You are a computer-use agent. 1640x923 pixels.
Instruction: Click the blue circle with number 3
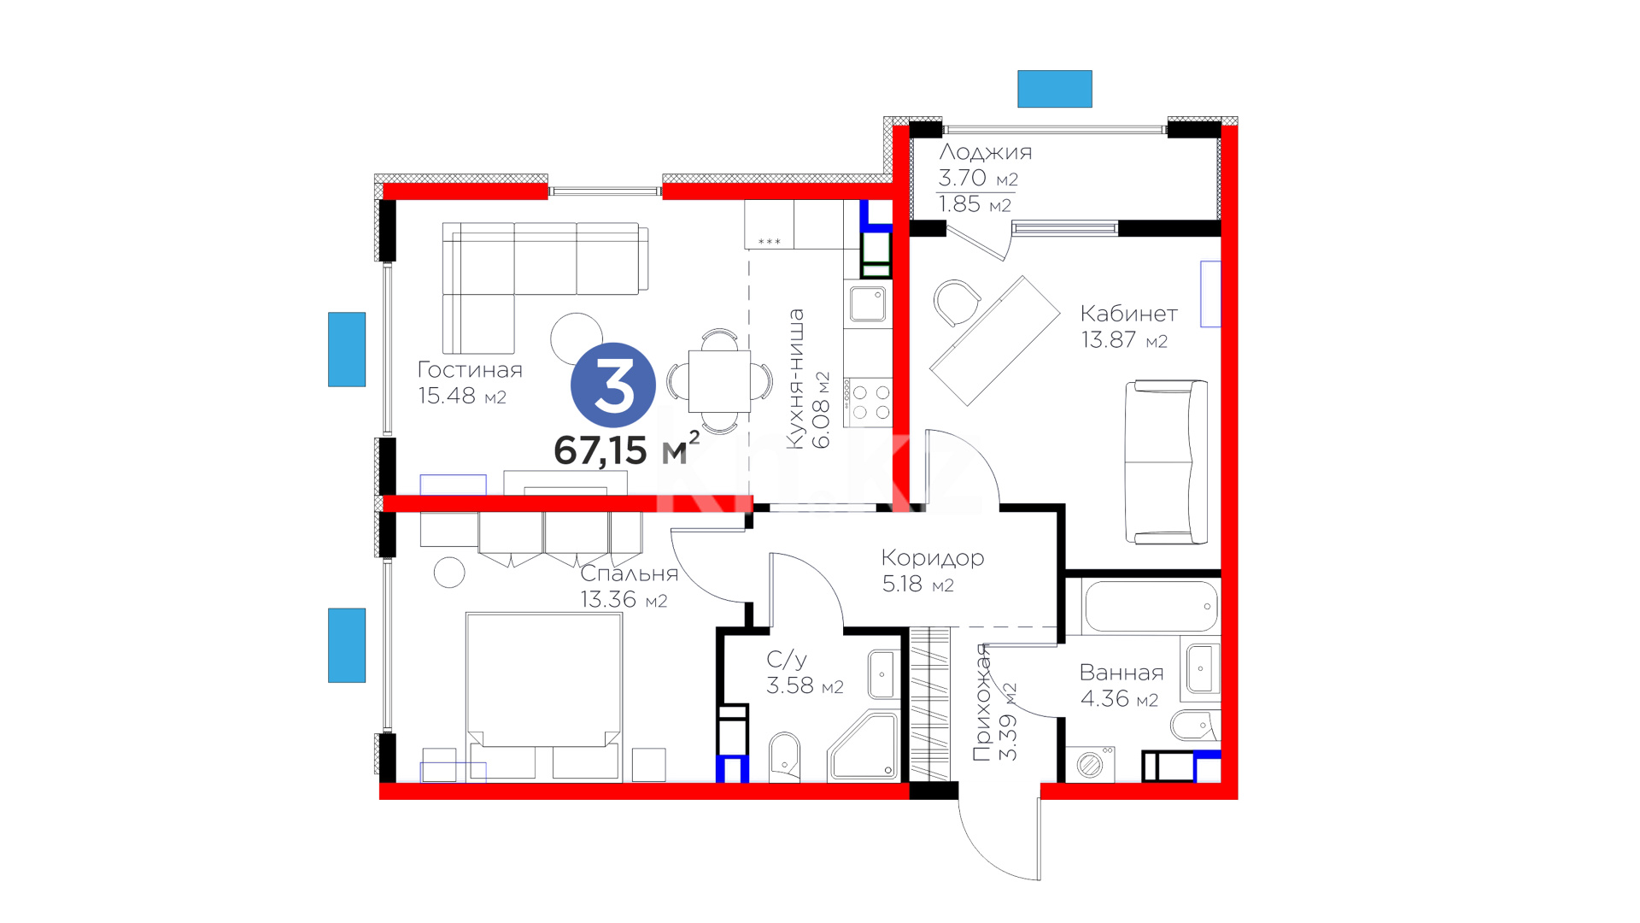[613, 385]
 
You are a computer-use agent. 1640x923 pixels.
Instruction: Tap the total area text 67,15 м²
[626, 449]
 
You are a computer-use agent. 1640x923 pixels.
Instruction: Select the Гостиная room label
[470, 370]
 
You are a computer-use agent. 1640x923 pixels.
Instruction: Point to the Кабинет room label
[1128, 314]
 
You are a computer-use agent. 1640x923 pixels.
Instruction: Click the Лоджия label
[986, 152]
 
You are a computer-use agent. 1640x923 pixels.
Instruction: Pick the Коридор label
[933, 558]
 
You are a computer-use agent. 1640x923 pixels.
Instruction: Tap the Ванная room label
[1122, 673]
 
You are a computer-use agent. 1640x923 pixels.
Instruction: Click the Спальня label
[630, 573]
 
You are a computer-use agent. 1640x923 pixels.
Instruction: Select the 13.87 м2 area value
[1124, 340]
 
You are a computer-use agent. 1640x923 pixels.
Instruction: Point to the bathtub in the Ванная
[1151, 606]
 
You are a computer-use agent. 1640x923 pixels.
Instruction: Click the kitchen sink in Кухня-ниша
[868, 303]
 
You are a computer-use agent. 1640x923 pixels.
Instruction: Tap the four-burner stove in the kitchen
[868, 403]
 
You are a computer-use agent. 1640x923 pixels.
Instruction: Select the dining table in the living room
[719, 381]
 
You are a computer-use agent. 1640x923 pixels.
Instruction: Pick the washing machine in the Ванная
[1090, 764]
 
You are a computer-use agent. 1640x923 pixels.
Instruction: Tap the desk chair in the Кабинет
[956, 303]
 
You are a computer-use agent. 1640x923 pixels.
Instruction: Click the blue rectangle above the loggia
[1055, 89]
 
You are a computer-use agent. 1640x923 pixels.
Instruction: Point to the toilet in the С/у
[785, 757]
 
